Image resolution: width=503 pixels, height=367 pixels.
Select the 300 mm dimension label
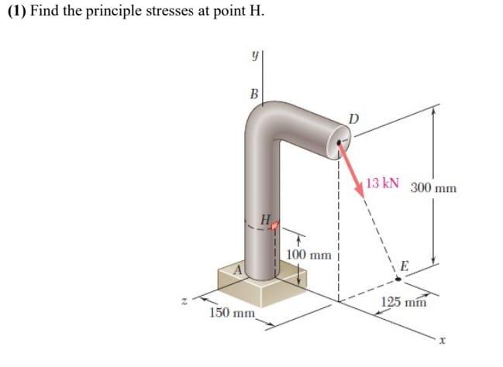tap(434, 188)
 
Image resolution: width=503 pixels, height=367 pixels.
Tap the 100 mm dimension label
tap(308, 254)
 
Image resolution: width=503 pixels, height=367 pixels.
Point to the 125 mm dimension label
tap(405, 301)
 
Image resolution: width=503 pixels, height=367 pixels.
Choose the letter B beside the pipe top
tap(253, 94)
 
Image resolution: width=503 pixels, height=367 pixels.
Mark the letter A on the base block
tap(239, 269)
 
